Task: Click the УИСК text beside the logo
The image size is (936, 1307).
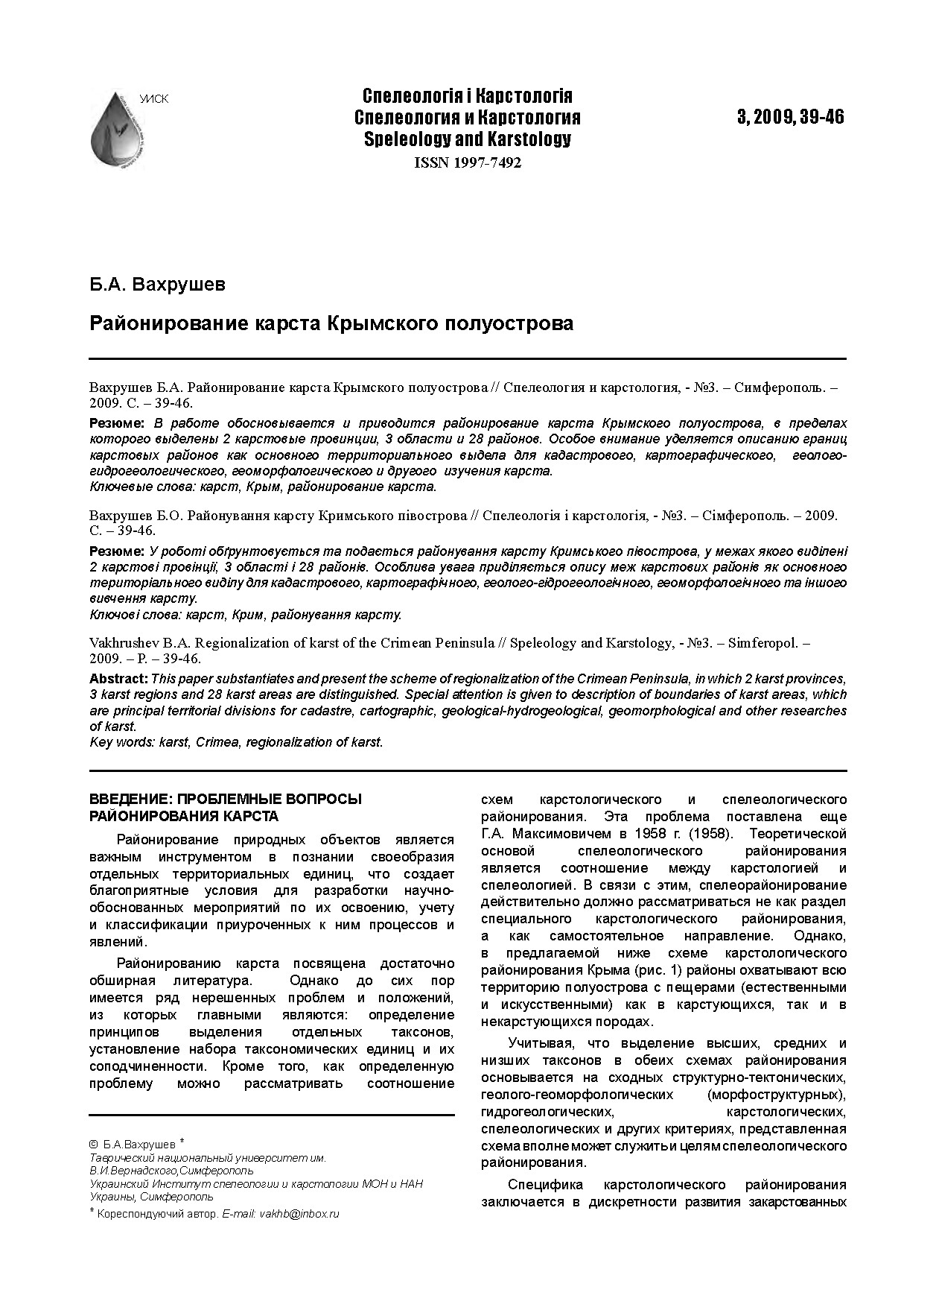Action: tap(153, 99)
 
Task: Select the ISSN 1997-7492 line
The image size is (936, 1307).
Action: tap(467, 163)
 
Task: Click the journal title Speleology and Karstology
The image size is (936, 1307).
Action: tap(467, 139)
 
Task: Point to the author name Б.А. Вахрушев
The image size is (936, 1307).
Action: tap(157, 284)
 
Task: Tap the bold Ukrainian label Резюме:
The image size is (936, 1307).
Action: tap(117, 551)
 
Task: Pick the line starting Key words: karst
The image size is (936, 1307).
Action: tap(236, 742)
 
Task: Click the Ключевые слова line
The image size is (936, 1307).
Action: tap(262, 487)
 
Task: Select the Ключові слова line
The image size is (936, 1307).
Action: tap(245, 615)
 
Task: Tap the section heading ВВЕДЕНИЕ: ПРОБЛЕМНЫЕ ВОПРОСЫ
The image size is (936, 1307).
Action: tap(225, 799)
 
